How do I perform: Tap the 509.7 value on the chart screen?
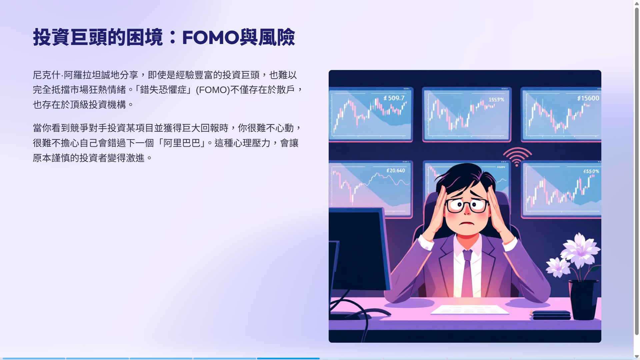click(394, 98)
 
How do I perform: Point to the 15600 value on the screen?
click(588, 98)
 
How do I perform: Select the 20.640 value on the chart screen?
click(396, 171)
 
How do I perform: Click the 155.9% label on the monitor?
click(496, 100)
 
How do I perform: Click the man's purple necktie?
click(467, 273)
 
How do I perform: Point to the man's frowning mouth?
click(467, 223)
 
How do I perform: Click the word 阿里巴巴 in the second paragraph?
click(182, 143)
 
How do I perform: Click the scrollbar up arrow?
click(637, 3)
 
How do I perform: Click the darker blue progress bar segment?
click(288, 358)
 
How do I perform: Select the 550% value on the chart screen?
click(591, 171)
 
